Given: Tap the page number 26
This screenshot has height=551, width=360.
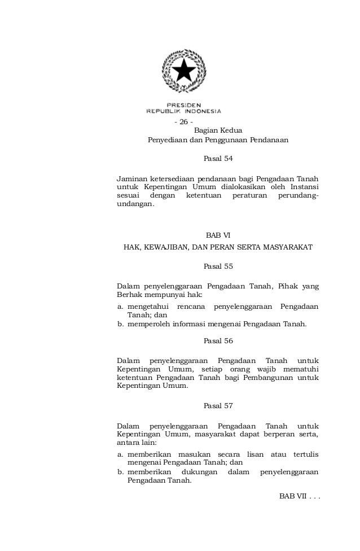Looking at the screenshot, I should (183, 123).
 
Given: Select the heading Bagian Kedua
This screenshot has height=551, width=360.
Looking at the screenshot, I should (218, 130).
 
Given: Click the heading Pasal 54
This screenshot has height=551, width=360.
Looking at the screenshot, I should (218, 159).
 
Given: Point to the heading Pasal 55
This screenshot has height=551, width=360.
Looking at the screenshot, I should (218, 265).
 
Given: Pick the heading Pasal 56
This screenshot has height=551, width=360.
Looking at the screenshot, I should (218, 341).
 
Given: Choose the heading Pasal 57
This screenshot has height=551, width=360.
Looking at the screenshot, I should (218, 406).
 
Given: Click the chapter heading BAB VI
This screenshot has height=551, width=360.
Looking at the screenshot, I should (218, 235).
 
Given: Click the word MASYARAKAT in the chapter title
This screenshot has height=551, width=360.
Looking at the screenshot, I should (284, 247).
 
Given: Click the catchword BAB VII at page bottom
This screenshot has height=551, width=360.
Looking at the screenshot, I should (292, 496).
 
